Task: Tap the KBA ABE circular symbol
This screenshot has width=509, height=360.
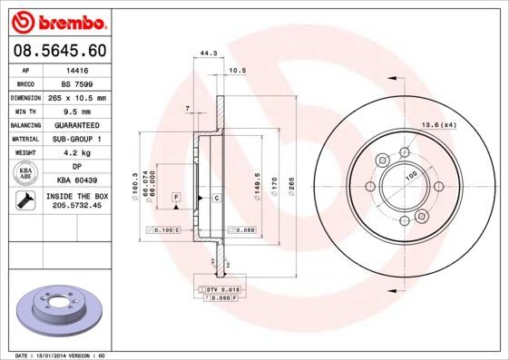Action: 26,174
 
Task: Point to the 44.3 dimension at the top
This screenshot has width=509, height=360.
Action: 208,54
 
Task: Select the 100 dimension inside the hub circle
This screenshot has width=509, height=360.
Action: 410,174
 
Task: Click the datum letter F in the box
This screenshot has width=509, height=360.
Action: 176,197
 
